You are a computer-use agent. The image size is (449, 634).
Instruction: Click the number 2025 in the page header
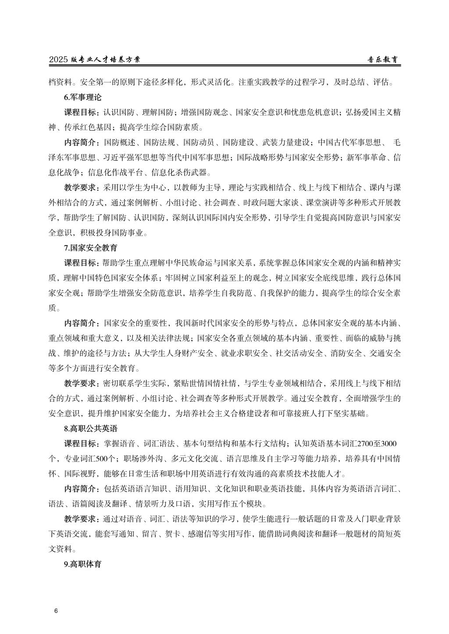click(59, 60)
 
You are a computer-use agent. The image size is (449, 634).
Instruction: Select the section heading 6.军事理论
click(82, 97)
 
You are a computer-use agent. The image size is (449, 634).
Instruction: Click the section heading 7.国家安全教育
click(90, 248)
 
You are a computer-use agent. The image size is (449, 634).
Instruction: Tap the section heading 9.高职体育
click(82, 564)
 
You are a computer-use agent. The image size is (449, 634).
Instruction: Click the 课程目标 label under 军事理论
click(82, 112)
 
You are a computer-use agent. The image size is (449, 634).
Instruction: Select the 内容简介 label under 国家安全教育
click(82, 323)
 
